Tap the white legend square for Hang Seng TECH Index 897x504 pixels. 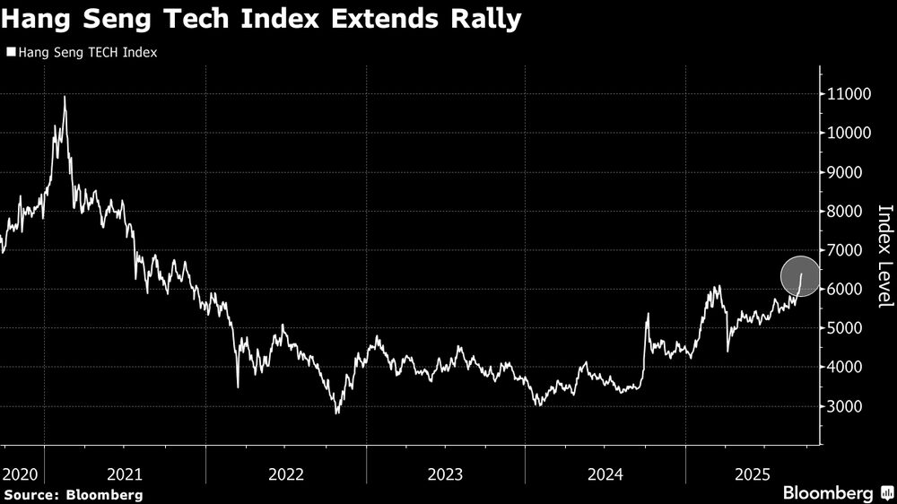(x=10, y=53)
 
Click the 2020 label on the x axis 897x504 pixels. (x=19, y=473)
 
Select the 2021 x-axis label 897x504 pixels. (x=126, y=473)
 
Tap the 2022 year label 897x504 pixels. (x=285, y=473)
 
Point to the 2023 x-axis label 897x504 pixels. (x=445, y=473)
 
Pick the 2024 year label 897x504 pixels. (x=605, y=473)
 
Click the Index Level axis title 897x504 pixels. (x=885, y=256)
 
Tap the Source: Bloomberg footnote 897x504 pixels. (x=73, y=494)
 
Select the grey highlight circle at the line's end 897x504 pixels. (x=800, y=276)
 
